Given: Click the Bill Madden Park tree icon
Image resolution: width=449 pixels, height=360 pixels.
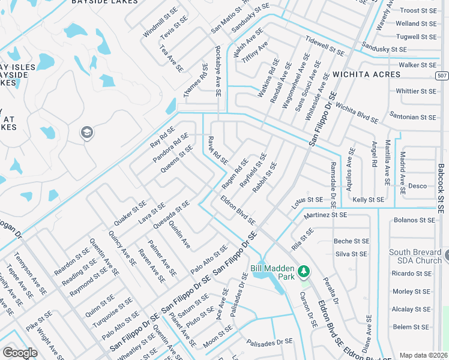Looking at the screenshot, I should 304,272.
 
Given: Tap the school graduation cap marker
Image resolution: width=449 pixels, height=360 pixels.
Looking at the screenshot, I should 87,132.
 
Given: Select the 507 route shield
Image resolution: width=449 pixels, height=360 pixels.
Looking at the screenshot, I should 442,75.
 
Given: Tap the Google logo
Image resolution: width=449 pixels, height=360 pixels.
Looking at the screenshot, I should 19,353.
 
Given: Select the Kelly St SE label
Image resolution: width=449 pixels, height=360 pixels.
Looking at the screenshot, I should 368,199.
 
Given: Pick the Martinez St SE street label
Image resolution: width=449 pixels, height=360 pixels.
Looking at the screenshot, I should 325,215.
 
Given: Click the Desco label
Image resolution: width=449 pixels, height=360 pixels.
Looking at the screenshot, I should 417,186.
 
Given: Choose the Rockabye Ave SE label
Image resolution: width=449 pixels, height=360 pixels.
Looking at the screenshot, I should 218,71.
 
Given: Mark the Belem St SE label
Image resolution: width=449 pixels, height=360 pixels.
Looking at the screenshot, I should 411,327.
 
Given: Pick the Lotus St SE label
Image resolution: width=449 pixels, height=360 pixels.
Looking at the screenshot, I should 308,199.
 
